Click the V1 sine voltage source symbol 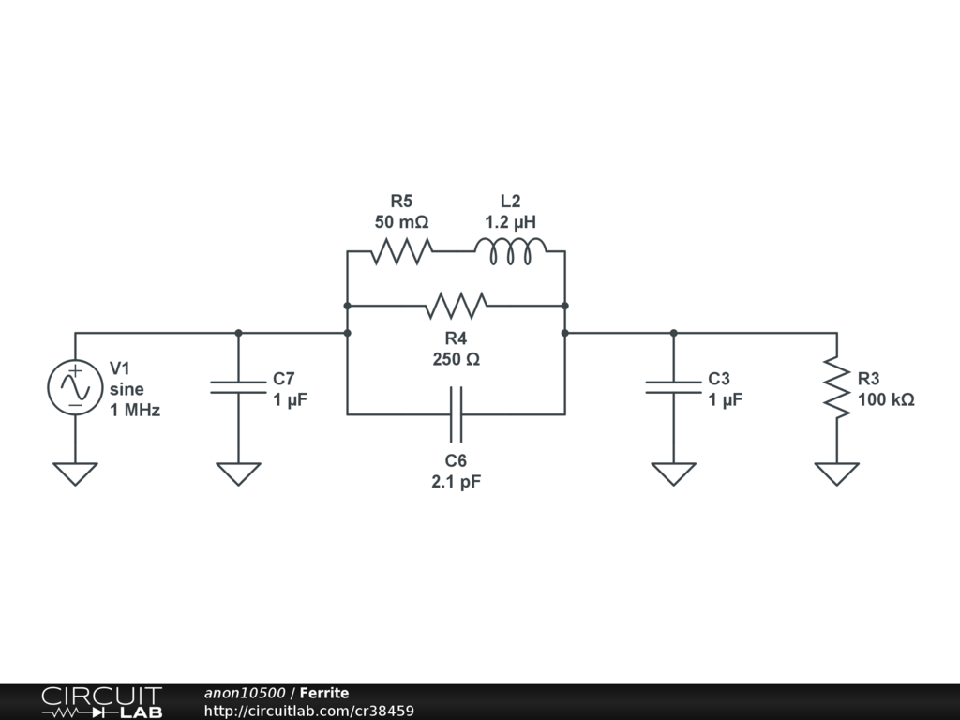tap(75, 386)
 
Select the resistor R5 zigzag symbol tap(401, 251)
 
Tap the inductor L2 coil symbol tap(510, 251)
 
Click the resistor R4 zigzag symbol tap(456, 306)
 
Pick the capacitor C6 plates tap(456, 413)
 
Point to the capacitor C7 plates tap(238, 387)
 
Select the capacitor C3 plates tap(673, 387)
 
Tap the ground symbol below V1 tap(75, 473)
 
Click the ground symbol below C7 tap(238, 473)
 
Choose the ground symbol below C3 tap(673, 473)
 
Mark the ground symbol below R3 tap(836, 473)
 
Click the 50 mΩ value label tap(401, 222)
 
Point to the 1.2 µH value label tap(510, 222)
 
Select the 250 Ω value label tap(456, 359)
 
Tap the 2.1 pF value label tap(456, 482)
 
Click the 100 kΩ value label tap(886, 399)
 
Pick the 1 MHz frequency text tap(135, 410)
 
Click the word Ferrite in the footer tap(324, 693)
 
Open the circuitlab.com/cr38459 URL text tap(309, 711)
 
